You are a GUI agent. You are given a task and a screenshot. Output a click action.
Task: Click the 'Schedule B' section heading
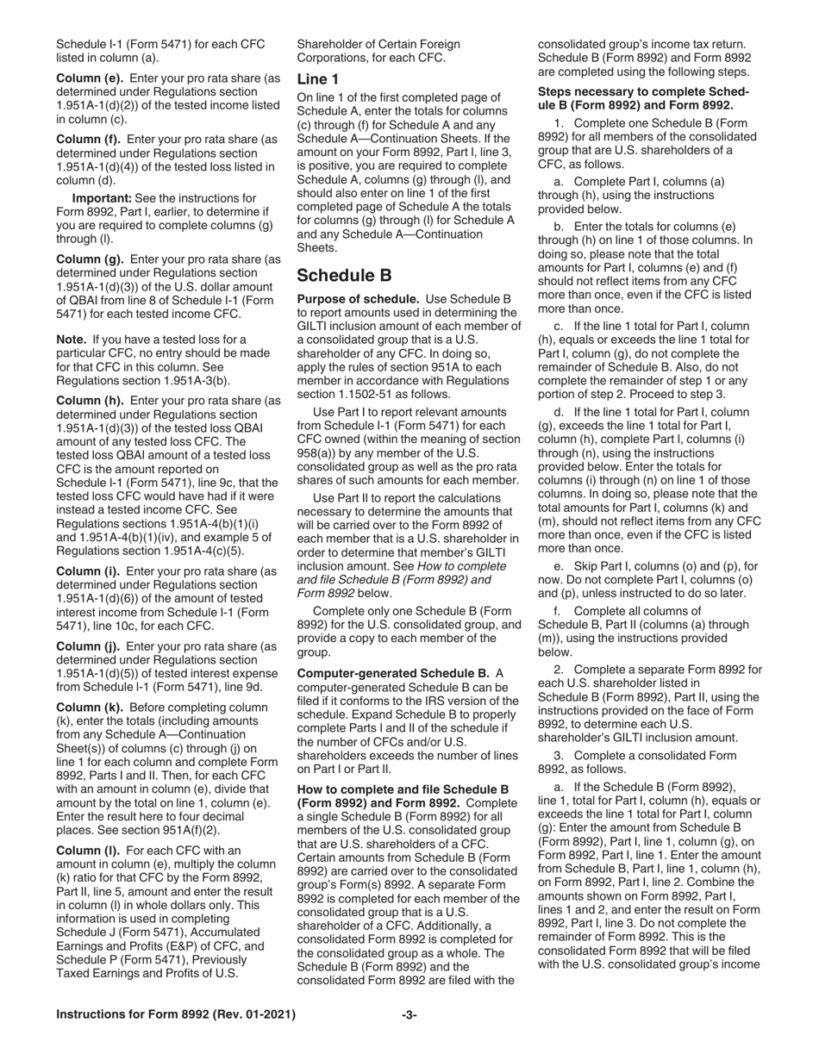pos(344,276)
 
